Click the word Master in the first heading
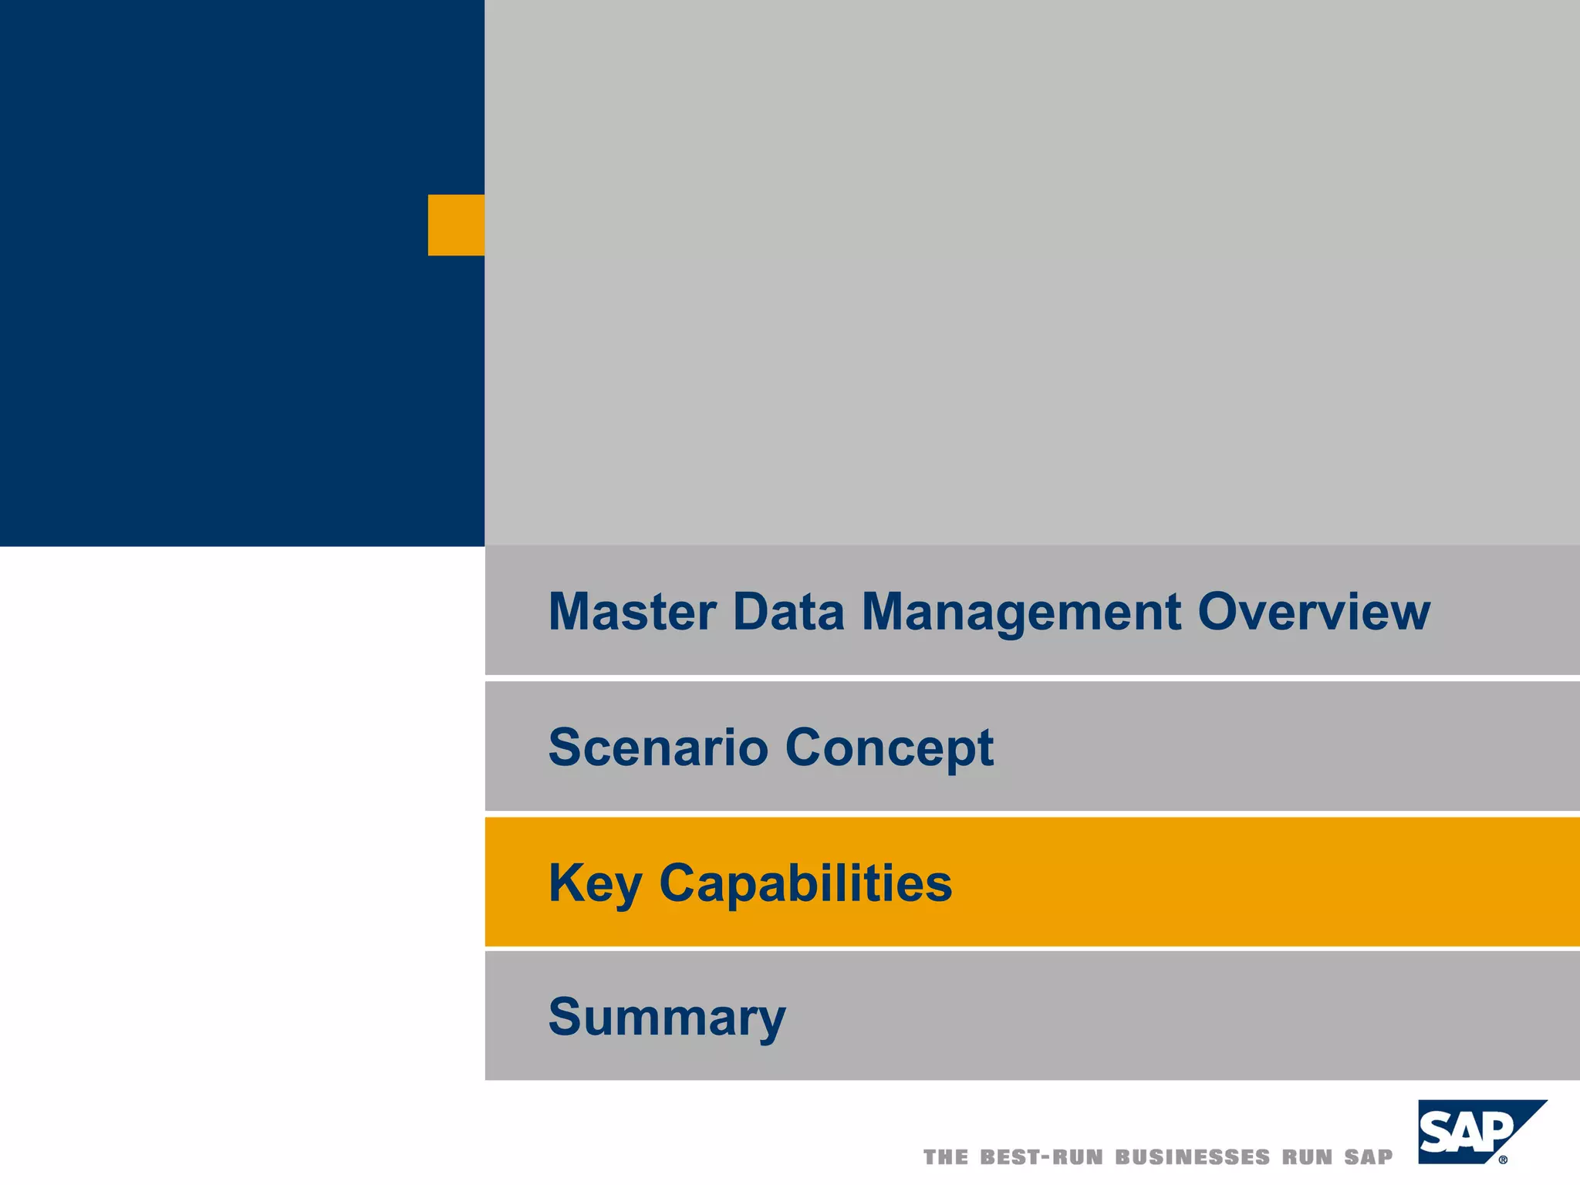632,612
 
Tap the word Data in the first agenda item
788,612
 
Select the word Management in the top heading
1021,612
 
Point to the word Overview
1313,612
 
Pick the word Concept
889,748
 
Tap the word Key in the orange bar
594,883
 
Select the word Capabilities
805,883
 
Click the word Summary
667,1018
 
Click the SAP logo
1470,1132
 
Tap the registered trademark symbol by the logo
1503,1159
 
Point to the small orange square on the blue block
456,225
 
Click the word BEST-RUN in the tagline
1042,1157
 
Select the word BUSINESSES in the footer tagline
1192,1157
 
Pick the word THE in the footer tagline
946,1157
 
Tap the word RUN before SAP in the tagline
1308,1157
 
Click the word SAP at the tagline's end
1369,1157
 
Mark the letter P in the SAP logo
1496,1131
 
